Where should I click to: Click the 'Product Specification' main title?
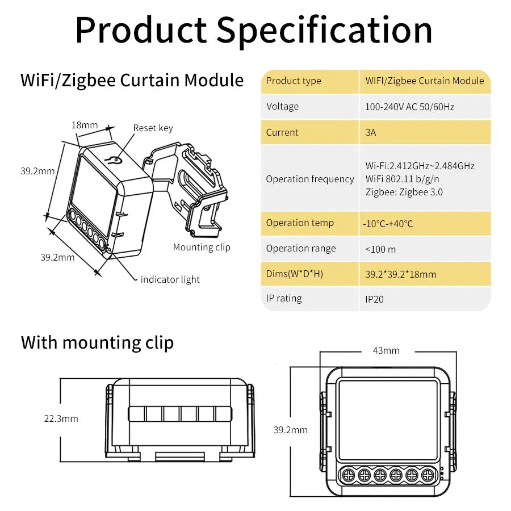(x=254, y=30)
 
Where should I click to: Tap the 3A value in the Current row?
(x=371, y=132)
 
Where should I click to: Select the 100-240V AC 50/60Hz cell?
(x=409, y=107)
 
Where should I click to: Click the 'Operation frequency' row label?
(x=310, y=179)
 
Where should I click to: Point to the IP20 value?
(x=375, y=299)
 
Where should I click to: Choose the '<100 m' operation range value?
(x=380, y=249)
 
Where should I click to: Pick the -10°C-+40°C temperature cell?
(x=388, y=224)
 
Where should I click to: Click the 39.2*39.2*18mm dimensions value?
(x=400, y=274)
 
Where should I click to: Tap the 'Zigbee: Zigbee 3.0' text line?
(x=404, y=192)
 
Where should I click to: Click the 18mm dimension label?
(x=85, y=125)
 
